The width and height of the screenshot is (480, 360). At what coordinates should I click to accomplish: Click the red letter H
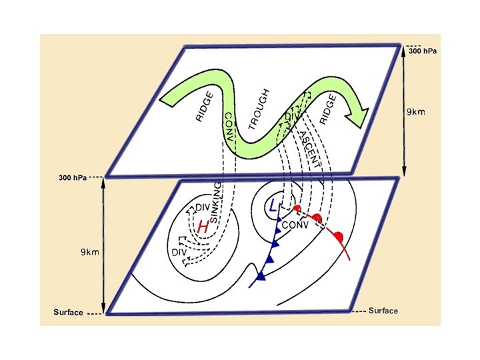203,227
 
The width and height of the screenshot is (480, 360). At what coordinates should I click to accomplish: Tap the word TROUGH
259,108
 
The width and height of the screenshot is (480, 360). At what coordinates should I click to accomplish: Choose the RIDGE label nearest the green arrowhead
327,108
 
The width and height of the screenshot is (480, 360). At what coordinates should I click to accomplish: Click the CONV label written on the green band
229,129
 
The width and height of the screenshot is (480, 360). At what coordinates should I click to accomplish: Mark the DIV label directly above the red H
203,209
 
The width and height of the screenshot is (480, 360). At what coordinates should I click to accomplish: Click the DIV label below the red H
178,252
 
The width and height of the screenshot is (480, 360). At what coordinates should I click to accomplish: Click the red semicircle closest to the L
296,209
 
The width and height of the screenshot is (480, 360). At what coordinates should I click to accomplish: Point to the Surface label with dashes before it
383,311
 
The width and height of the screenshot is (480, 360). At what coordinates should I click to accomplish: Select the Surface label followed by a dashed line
69,312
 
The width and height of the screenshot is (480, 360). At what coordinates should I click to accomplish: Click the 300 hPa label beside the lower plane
73,178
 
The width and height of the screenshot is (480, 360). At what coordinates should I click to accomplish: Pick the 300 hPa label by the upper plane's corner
423,51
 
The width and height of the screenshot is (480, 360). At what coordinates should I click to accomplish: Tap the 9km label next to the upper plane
417,113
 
